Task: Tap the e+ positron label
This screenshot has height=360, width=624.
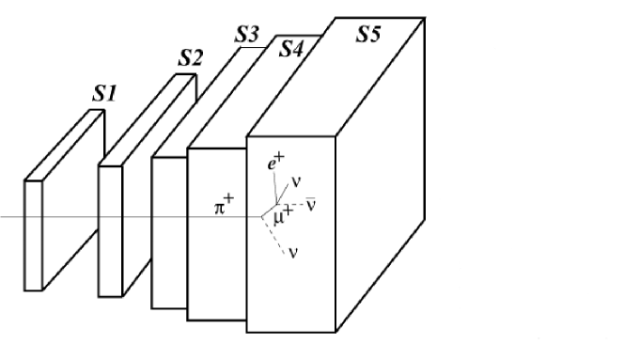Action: pos(274,164)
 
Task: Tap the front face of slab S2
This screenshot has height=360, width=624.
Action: pos(111,231)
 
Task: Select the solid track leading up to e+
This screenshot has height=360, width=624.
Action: pos(272,194)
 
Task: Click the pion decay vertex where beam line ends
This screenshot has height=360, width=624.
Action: pos(263,217)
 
